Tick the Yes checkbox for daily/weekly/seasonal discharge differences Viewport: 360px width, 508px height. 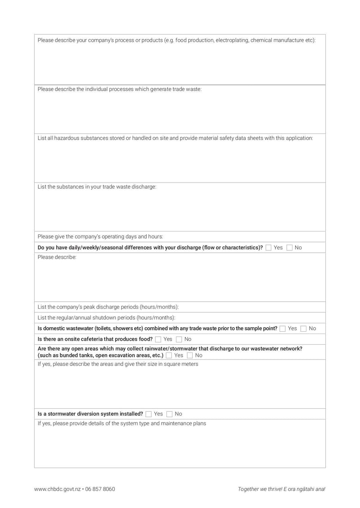[x=269, y=248]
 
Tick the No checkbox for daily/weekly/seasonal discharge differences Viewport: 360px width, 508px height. [x=289, y=248]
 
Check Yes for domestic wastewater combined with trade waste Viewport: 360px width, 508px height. [x=283, y=329]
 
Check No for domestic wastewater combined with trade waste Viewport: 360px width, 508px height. [x=304, y=329]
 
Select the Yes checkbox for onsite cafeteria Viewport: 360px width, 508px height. [x=158, y=339]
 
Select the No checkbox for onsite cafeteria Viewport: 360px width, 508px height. [x=179, y=339]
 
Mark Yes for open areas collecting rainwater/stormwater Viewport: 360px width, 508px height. [x=169, y=356]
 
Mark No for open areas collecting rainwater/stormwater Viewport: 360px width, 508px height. [x=189, y=356]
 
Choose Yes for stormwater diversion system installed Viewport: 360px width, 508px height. [x=148, y=414]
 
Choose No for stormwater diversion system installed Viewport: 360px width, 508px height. [x=169, y=414]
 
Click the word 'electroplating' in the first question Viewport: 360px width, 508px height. [x=232, y=40]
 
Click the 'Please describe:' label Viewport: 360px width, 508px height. [x=57, y=258]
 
